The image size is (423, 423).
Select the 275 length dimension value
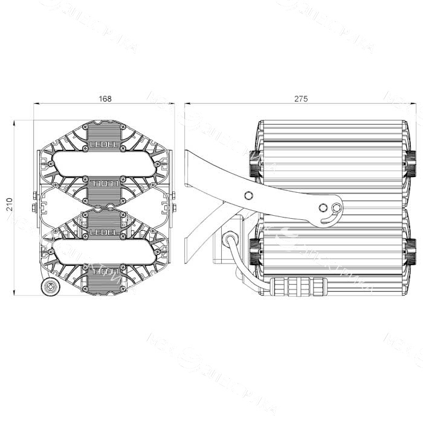[300, 98]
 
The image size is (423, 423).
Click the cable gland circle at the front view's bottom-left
[50, 286]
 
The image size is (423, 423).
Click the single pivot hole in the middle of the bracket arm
[247, 195]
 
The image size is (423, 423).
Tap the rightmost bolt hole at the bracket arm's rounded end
[337, 208]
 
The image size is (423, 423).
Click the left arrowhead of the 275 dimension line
[187, 103]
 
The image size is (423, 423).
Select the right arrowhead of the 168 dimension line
[173, 103]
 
